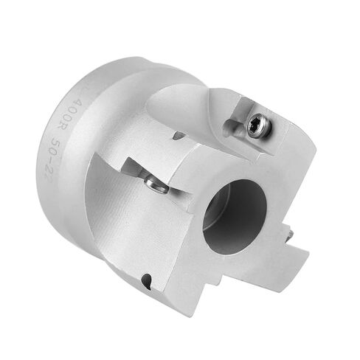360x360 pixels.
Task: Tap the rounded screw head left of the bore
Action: click(x=155, y=186)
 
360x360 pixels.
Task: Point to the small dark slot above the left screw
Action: click(x=179, y=135)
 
